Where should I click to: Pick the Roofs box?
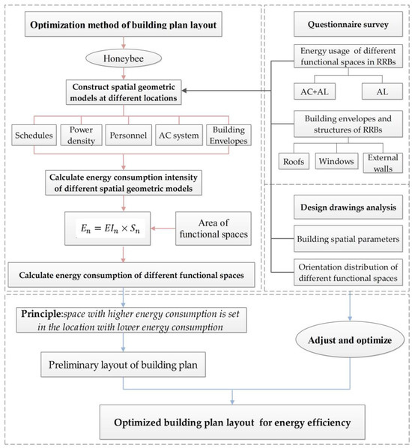tap(294, 160)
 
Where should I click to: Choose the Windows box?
tap(336, 160)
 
